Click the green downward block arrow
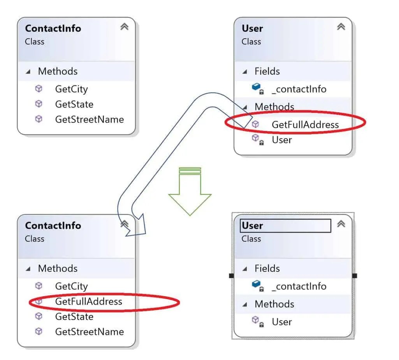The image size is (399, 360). point(190,191)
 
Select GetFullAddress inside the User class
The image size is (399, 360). point(305,125)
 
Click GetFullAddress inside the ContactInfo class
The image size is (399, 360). point(88,302)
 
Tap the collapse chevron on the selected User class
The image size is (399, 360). point(341,224)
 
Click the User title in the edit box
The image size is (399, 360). point(252,226)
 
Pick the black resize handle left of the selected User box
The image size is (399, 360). point(231,276)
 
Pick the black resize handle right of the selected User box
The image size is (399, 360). point(355,276)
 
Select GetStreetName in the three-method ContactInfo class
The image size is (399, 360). point(89,120)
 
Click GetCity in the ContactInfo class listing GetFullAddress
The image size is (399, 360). point(71,286)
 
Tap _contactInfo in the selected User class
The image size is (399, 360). point(299,286)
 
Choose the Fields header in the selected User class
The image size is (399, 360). point(267,268)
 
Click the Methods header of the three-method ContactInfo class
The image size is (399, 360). point(58,71)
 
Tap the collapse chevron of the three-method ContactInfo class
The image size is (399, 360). point(124,27)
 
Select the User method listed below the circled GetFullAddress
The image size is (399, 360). point(282,140)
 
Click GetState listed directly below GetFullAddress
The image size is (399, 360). point(74,317)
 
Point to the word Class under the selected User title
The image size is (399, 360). point(251,239)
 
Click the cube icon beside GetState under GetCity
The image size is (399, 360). point(39,104)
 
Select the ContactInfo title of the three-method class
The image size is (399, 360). point(53,28)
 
